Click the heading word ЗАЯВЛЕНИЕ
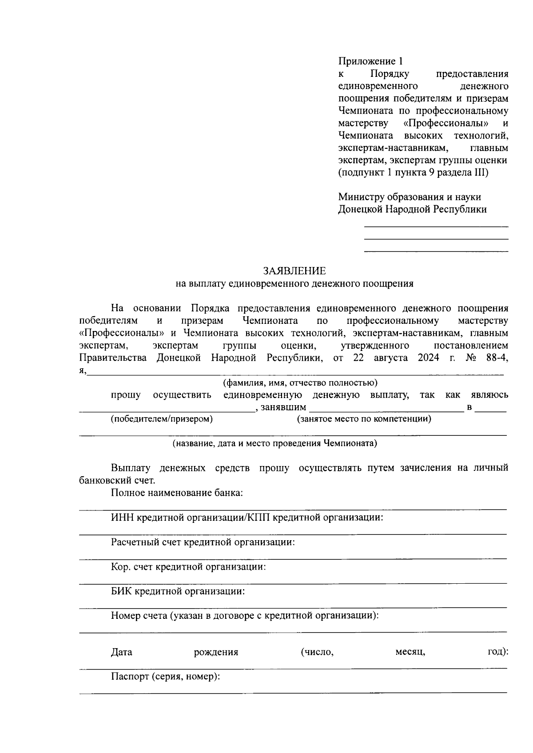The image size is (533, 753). (294, 271)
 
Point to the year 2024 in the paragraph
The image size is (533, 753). (429, 358)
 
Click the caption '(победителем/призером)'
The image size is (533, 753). (162, 419)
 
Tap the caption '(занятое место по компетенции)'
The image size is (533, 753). (364, 419)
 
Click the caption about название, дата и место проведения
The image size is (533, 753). (275, 443)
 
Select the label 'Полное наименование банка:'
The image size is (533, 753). (177, 493)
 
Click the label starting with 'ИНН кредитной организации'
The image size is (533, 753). (247, 518)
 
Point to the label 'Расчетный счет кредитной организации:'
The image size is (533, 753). (203, 542)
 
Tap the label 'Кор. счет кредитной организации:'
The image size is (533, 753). (188, 567)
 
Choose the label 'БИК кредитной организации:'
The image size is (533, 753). (178, 592)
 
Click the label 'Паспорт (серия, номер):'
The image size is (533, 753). (166, 677)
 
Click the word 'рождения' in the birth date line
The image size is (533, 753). (216, 653)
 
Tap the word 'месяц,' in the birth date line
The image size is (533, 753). (410, 653)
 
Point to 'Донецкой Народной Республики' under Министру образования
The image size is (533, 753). (412, 210)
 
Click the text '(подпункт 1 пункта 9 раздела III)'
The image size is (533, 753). (413, 172)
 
